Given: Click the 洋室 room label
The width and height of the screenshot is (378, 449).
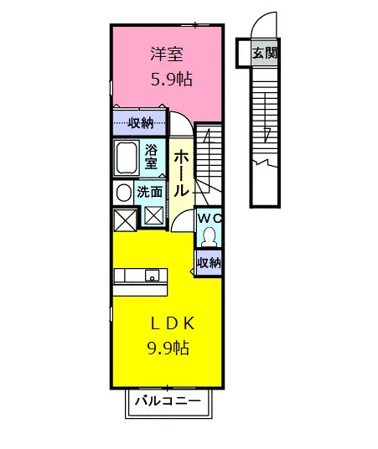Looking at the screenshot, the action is point(167,54).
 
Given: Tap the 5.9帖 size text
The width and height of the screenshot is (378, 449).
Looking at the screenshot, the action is point(171,80).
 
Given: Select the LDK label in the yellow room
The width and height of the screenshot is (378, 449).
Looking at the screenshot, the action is point(173,323).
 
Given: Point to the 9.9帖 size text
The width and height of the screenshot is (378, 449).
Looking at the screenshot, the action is point(168,348).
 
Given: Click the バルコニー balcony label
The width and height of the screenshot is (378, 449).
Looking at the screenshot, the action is point(168,401).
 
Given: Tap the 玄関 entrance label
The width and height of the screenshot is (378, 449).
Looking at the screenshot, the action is point(265,53).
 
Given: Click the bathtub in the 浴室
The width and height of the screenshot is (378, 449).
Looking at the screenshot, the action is point(126,157).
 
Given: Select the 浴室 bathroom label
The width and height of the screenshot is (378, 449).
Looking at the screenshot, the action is point(151,157).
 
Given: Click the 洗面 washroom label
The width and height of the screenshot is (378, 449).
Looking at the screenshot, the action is point(149,192).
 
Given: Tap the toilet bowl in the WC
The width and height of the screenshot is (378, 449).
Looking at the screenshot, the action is point(210,237).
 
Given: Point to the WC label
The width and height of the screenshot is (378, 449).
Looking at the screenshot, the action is point(210,219).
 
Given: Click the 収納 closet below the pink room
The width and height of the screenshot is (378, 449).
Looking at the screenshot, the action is point(141,123).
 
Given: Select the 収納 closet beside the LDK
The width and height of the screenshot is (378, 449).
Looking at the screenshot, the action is point(209,262).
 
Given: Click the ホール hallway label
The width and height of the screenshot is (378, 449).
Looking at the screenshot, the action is point(181,174).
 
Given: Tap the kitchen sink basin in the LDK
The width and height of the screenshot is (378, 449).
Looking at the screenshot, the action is point(153,276).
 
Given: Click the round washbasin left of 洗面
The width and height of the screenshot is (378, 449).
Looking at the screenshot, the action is point(124,192).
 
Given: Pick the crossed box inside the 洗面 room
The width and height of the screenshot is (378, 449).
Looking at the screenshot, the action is point(153,215).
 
